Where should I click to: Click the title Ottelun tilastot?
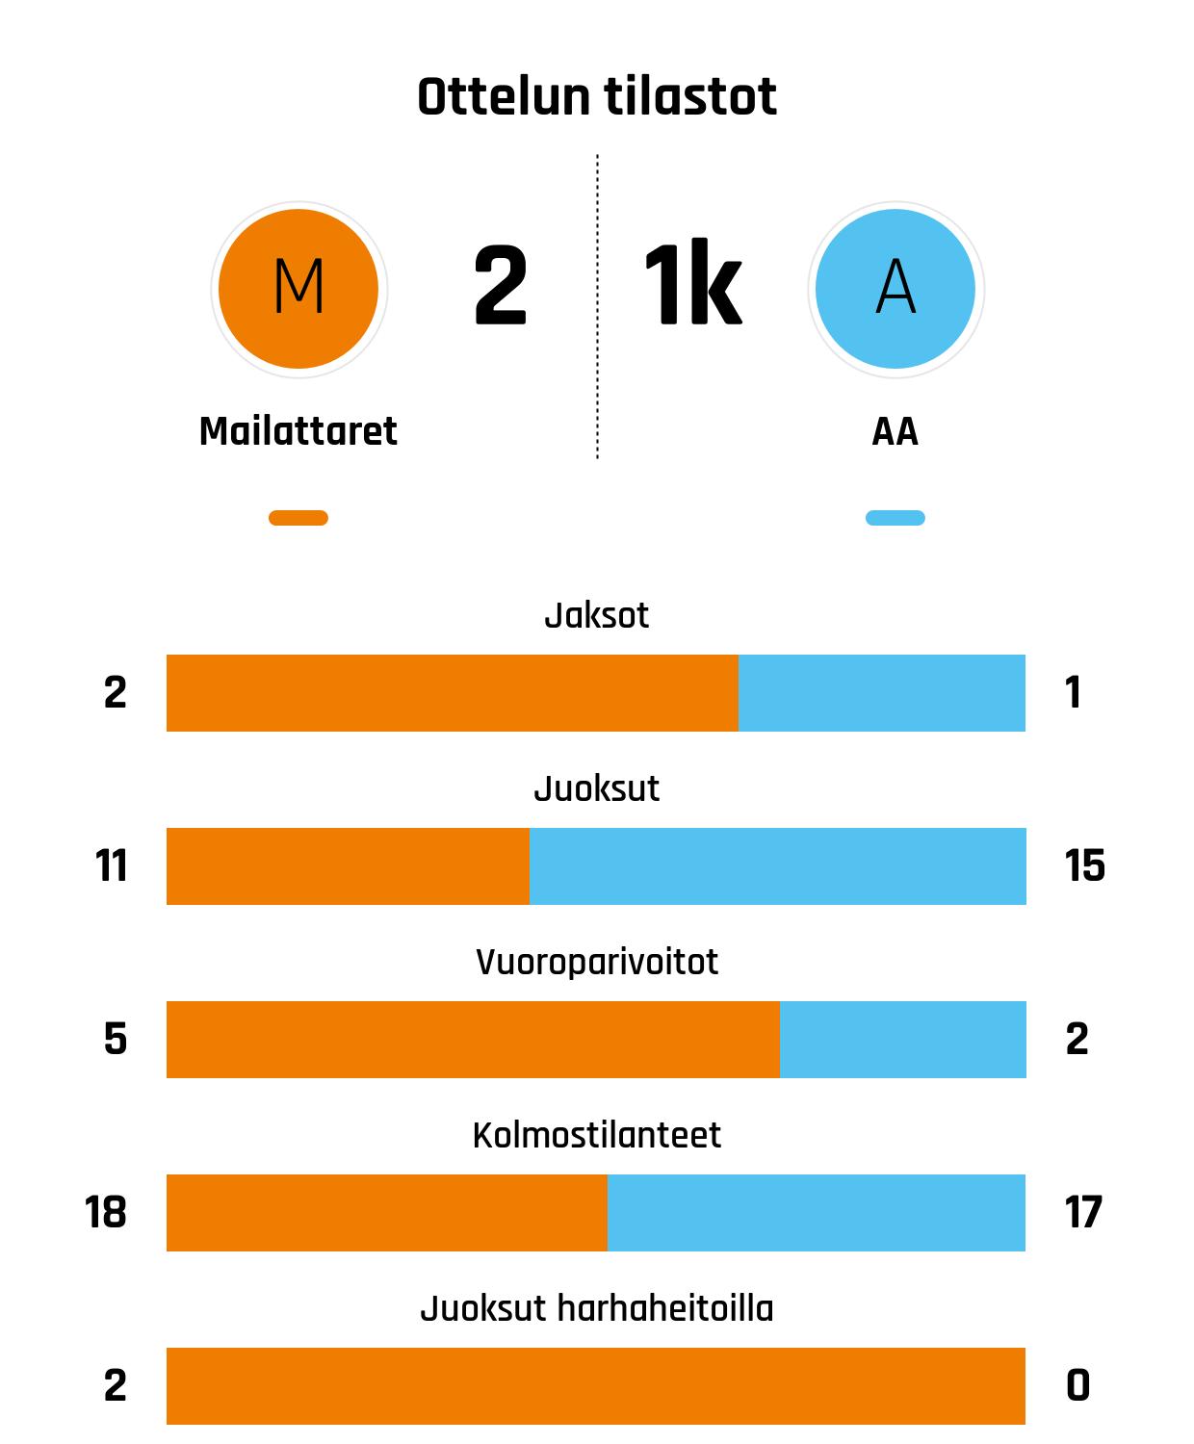(x=597, y=97)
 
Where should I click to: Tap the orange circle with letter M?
(x=298, y=288)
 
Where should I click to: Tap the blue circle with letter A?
(x=895, y=288)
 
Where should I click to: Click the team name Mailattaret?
(x=298, y=431)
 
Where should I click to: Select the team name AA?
(x=895, y=432)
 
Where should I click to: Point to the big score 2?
(x=501, y=286)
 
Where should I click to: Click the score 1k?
(x=692, y=286)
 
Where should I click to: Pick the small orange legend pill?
(x=298, y=518)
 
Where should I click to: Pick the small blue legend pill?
(x=895, y=518)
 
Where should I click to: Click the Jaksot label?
(x=597, y=615)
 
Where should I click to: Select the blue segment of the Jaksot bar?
(x=881, y=693)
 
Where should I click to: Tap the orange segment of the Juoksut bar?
(x=348, y=866)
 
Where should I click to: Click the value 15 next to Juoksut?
(x=1084, y=866)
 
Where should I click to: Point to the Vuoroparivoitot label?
(x=597, y=962)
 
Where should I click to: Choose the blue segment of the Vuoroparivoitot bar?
(x=902, y=1040)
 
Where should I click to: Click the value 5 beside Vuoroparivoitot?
(x=116, y=1040)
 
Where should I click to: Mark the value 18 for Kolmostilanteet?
(x=106, y=1213)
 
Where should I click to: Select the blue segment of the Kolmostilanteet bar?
(x=816, y=1213)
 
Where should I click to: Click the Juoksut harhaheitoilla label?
(x=597, y=1308)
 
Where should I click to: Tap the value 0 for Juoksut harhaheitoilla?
(x=1078, y=1386)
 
